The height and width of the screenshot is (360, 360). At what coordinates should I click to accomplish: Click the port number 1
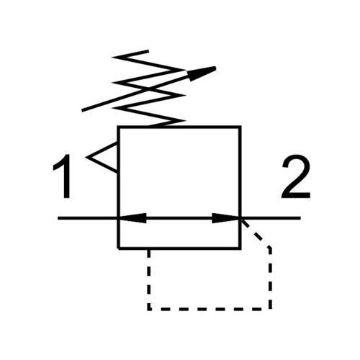point(63,176)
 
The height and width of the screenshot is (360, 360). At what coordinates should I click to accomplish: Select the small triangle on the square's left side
point(103,158)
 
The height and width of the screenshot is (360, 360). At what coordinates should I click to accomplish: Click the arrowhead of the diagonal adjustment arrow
point(202,73)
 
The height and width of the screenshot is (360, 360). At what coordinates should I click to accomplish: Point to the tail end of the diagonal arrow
point(82,111)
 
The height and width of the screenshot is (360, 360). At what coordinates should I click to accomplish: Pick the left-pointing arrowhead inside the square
point(132,218)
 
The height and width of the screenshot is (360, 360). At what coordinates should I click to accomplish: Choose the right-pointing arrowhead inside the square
point(225,218)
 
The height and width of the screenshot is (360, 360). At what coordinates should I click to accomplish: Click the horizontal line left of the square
point(88,218)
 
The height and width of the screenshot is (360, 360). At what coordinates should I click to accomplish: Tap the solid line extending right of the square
point(271,218)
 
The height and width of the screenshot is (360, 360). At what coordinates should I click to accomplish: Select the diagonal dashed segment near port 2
point(256,233)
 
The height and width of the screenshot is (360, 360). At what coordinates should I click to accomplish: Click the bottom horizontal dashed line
point(210,309)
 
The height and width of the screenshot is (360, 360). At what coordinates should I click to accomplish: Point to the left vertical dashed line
point(149,279)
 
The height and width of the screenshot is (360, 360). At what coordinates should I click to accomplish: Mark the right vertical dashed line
point(270,279)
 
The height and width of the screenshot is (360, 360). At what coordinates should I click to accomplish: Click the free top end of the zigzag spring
point(148,50)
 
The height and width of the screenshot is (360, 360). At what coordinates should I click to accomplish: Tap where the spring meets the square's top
point(150,127)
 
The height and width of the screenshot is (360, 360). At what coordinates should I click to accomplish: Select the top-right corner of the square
point(240,127)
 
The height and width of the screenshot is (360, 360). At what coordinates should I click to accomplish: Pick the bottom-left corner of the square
point(119,248)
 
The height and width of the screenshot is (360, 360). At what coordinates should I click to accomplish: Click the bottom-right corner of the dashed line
point(270,309)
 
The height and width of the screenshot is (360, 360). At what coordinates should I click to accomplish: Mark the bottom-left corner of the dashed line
point(149,309)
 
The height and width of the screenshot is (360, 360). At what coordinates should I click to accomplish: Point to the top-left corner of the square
point(119,127)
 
